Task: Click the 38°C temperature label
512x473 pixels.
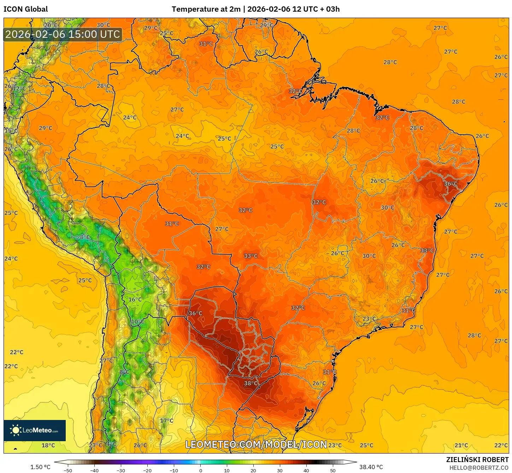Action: [251, 383]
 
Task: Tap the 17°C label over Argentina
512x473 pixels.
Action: [167, 420]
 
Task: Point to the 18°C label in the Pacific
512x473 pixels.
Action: [48, 445]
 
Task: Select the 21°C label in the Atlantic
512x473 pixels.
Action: [461, 445]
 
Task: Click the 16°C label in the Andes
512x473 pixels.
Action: [135, 299]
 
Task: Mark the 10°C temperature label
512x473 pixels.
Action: [138, 322]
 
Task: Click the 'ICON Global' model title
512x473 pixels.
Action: [26, 9]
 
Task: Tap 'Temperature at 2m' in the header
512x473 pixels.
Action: [206, 9]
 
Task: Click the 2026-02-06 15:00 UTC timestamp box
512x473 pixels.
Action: [63, 34]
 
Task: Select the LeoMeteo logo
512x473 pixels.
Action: [35, 430]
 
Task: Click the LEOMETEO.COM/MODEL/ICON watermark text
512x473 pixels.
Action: [256, 444]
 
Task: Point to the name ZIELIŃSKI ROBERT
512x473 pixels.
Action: [477, 460]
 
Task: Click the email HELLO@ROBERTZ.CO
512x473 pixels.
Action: [479, 468]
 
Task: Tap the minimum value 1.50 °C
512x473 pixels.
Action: [40, 467]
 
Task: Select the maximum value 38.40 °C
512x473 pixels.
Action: [371, 467]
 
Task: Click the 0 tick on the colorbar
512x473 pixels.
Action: [200, 471]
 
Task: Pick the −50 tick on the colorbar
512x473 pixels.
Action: [68, 471]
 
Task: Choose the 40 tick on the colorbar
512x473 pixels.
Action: [306, 471]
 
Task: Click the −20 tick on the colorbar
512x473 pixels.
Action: [147, 471]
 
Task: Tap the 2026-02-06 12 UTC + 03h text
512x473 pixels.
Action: [293, 9]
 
